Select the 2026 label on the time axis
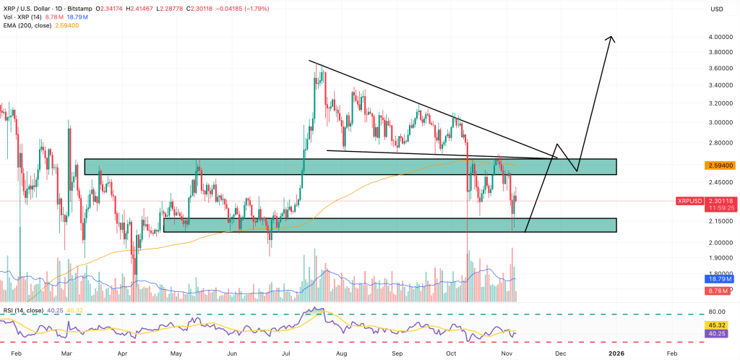coord(616,353)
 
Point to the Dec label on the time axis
coord(561,353)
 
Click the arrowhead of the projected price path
coord(612,38)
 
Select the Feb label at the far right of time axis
coord(672,353)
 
